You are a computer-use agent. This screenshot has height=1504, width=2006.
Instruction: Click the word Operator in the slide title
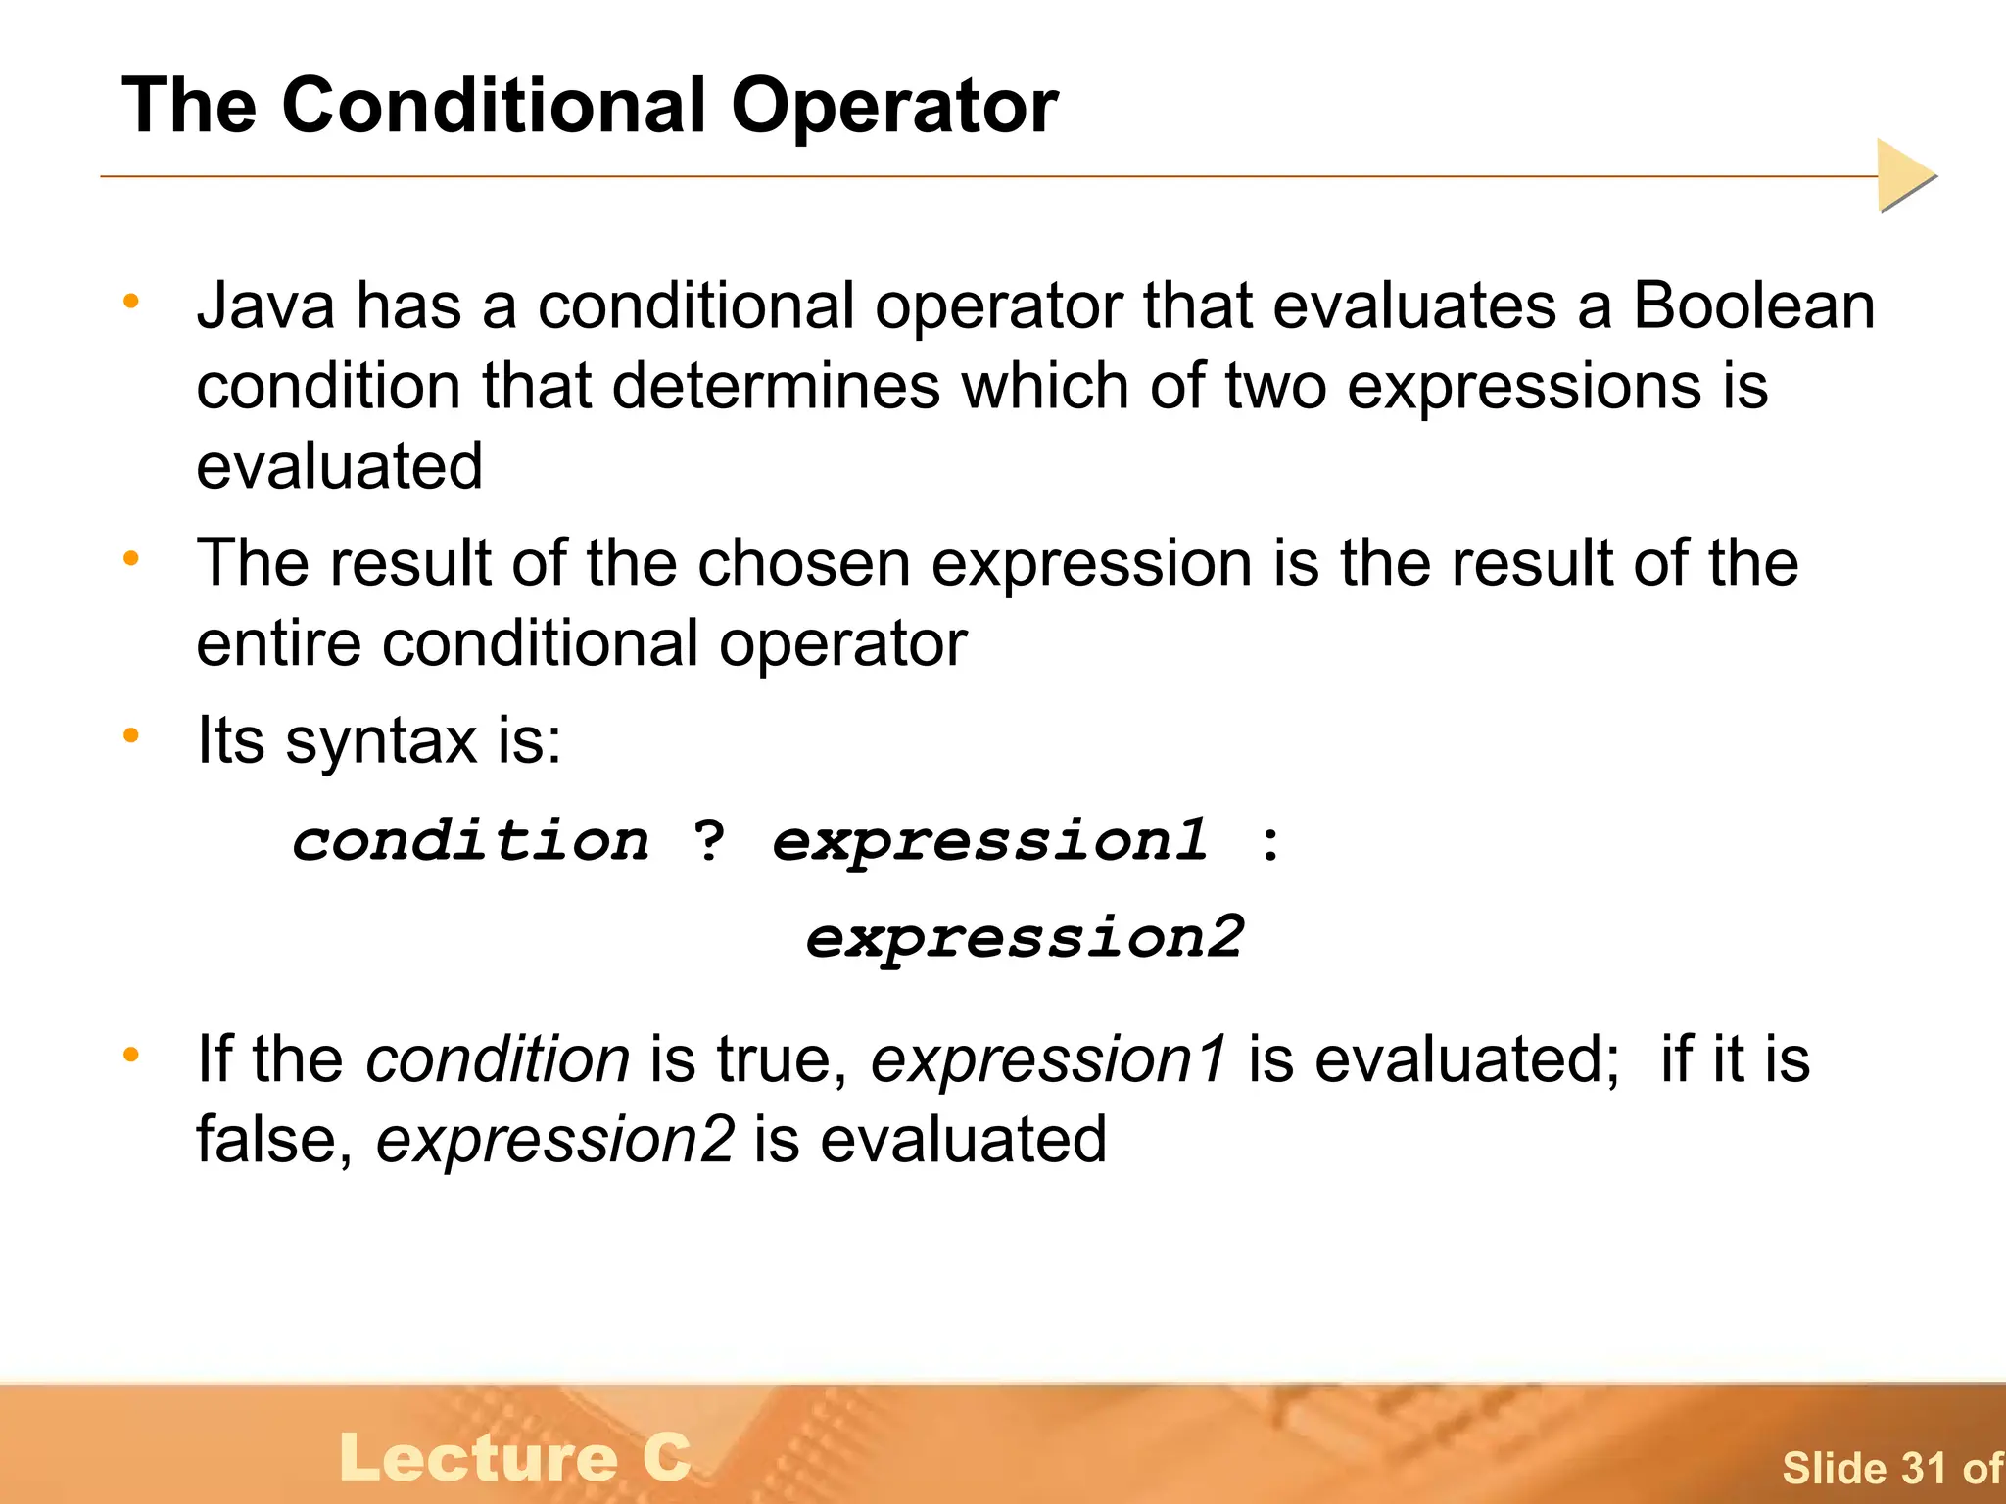[x=893, y=106]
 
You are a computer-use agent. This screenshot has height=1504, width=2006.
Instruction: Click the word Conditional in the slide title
[x=494, y=106]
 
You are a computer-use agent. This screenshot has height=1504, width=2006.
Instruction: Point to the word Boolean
[x=1753, y=305]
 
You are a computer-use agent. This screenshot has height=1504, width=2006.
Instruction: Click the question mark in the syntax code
[x=709, y=840]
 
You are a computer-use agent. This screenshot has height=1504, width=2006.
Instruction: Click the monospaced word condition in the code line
[x=471, y=840]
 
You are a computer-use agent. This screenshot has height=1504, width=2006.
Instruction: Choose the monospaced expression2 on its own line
[x=1025, y=937]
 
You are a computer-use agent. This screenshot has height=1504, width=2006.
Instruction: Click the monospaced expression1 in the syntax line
[x=990, y=840]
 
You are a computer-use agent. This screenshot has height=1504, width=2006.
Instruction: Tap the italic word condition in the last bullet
[x=498, y=1059]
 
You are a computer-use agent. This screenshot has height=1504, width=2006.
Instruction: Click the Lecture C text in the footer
[x=515, y=1458]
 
